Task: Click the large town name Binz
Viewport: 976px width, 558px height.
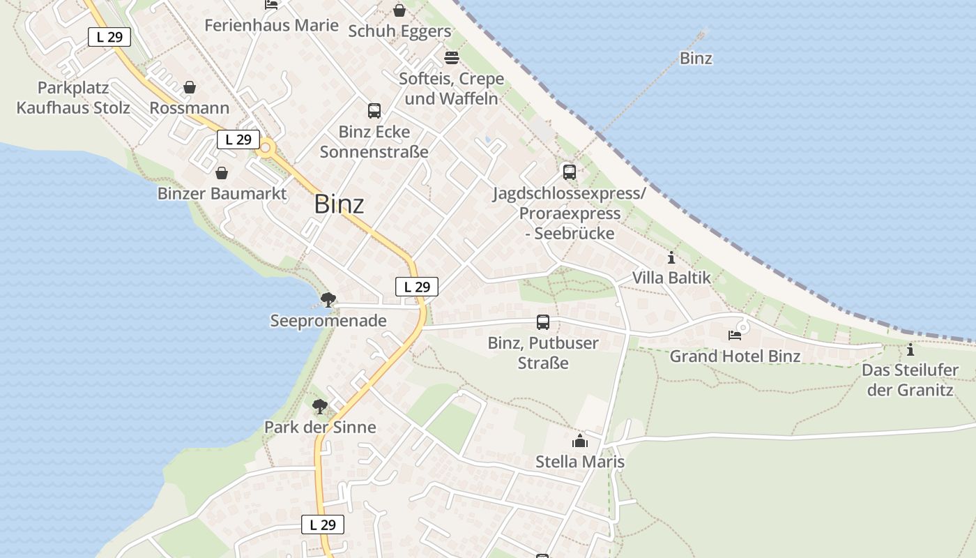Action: point(339,204)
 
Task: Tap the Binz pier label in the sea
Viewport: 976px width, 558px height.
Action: point(696,59)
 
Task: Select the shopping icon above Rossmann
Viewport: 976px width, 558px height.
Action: point(189,88)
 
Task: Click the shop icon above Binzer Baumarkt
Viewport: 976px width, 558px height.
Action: point(222,173)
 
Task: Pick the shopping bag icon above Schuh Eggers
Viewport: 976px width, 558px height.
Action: point(399,10)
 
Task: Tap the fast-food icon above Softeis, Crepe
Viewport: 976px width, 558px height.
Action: point(451,57)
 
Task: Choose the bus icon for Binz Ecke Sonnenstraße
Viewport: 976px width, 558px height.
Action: point(374,110)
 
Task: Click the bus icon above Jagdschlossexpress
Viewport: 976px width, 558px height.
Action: point(570,172)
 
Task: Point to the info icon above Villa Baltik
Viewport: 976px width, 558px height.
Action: point(671,257)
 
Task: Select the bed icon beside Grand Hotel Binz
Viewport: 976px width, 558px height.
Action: point(735,335)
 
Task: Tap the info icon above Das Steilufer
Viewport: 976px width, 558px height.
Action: point(910,349)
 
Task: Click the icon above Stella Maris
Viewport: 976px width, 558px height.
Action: point(580,441)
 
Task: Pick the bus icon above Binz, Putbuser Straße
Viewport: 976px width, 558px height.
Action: point(543,322)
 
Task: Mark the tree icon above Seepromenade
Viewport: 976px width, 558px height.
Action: point(328,300)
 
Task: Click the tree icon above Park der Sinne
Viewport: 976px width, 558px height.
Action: point(320,406)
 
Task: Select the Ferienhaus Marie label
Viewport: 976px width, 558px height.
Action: point(271,26)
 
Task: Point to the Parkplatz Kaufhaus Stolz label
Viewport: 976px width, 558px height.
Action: point(73,98)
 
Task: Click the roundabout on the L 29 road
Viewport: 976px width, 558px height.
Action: point(266,148)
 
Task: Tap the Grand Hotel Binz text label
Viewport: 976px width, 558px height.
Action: point(735,356)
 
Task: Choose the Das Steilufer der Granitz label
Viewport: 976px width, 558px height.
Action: point(910,380)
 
